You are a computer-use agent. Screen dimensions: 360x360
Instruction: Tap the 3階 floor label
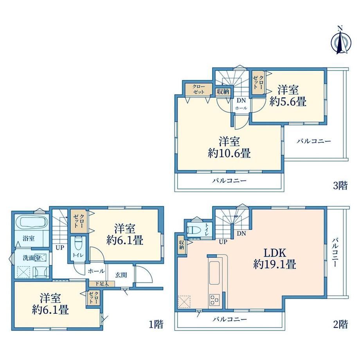coord(340,185)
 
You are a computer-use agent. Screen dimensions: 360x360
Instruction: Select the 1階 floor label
coord(156,324)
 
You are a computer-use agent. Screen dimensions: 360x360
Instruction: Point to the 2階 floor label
coord(340,324)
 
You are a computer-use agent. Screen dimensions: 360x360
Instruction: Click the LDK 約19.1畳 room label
coord(275,259)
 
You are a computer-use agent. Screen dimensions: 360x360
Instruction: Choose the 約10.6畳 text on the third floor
coord(229,153)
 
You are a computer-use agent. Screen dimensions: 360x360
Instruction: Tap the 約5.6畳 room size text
coord(288,101)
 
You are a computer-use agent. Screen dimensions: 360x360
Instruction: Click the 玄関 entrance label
coord(121,275)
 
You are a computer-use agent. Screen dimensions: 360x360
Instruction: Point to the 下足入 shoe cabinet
coord(102,284)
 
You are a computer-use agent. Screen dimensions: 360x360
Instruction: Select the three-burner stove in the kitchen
coord(214,299)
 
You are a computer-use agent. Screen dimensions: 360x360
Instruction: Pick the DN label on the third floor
coord(241,100)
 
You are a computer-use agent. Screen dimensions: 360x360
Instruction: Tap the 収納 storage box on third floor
coord(223,92)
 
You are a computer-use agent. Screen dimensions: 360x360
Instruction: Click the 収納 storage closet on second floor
coord(182,245)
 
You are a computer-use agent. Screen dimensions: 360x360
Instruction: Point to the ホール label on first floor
coord(96,271)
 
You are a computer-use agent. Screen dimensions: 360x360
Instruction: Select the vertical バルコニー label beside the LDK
coord(335,252)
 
